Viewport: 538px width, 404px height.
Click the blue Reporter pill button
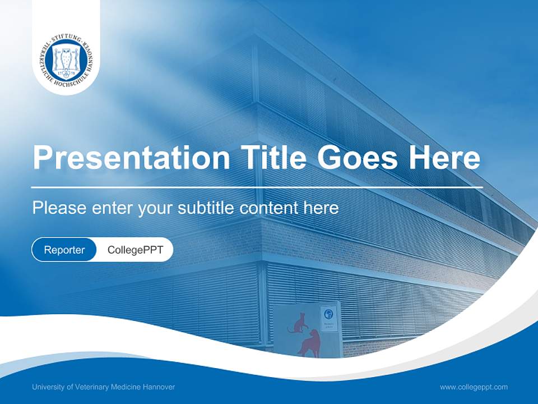click(64, 250)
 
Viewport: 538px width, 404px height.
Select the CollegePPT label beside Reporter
click(135, 250)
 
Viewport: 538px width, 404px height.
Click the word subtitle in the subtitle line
click(206, 208)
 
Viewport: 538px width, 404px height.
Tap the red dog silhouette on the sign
click(309, 344)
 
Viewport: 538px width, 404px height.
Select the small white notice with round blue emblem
click(329, 318)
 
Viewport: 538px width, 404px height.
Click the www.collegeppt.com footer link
click(474, 387)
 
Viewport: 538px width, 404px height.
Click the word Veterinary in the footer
click(93, 387)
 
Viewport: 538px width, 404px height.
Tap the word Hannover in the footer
click(160, 387)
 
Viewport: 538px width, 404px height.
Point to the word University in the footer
click(47, 387)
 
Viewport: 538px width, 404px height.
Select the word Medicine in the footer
click(128, 387)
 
